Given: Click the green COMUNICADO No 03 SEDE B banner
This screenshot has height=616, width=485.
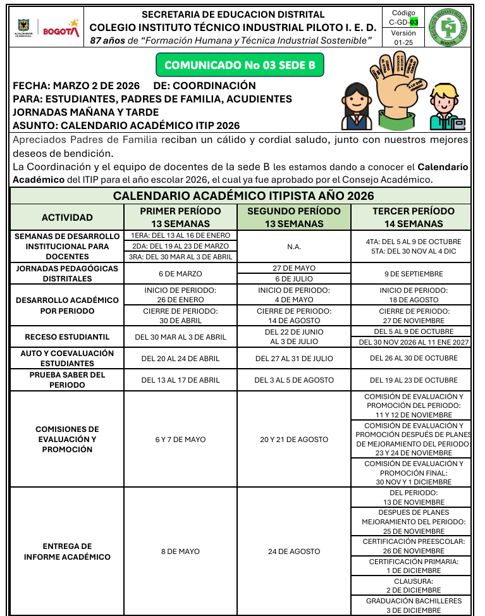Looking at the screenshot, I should (239, 65).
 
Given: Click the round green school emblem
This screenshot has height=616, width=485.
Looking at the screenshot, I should (448, 28).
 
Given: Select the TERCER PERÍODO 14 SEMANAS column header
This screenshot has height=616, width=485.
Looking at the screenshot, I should (413, 217).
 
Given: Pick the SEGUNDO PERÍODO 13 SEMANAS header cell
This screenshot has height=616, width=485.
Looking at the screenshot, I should (293, 217).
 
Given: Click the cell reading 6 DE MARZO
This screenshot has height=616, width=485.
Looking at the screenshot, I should (180, 274).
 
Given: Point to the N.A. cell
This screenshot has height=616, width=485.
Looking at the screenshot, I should (293, 246).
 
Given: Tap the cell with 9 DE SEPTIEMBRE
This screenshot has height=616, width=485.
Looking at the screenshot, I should (413, 274).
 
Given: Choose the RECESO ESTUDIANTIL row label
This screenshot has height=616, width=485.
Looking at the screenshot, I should (67, 337).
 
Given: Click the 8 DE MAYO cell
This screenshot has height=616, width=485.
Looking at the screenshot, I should (180, 551).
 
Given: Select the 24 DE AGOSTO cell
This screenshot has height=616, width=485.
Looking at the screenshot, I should (293, 551).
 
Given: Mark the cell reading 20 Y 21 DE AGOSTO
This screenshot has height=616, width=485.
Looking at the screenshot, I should (293, 440).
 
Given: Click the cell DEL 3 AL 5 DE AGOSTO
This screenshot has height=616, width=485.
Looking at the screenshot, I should (293, 380).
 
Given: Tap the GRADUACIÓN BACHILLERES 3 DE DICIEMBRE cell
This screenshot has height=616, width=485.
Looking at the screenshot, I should (414, 605).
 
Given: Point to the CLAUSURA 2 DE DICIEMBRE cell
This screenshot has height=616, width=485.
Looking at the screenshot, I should (414, 585).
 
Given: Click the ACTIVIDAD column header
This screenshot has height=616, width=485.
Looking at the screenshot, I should (67, 217).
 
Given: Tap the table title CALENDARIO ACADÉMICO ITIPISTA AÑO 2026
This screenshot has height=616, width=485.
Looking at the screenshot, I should (243, 196).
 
